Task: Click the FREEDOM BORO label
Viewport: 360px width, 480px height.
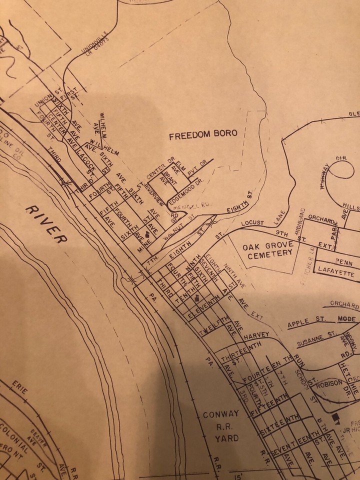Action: click(202, 134)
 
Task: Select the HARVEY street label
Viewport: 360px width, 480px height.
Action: click(257, 334)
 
